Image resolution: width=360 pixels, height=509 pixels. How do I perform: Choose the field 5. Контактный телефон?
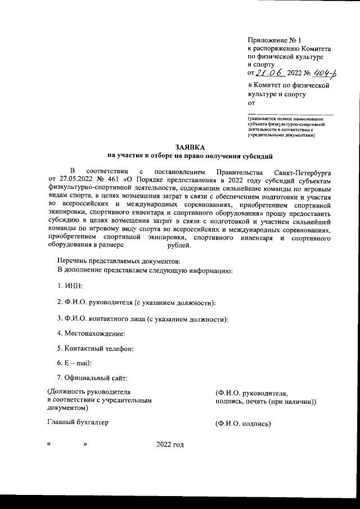click(x=95, y=349)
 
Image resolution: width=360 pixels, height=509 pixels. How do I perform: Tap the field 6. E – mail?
click(x=74, y=364)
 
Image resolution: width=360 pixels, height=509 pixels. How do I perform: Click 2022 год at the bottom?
click(x=170, y=445)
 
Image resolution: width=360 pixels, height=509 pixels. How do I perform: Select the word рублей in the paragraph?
click(x=179, y=245)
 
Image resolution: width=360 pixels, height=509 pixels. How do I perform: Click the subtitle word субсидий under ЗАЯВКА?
click(x=258, y=155)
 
